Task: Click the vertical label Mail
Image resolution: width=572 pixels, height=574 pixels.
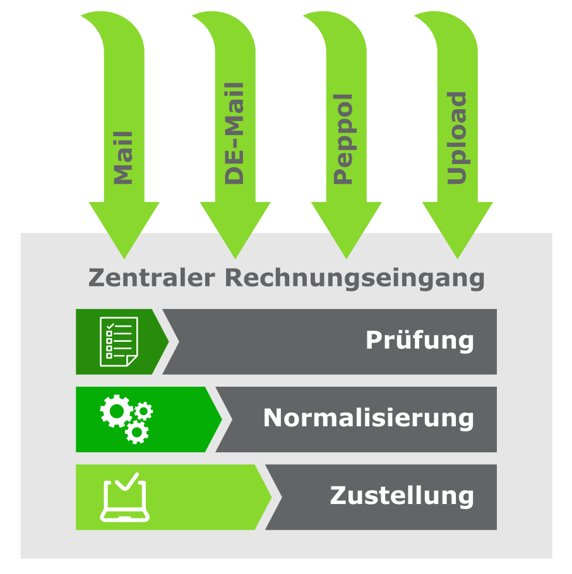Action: tap(123, 158)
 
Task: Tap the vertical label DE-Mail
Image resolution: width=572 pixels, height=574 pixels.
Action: tap(234, 134)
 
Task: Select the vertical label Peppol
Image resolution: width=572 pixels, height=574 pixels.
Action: tap(343, 139)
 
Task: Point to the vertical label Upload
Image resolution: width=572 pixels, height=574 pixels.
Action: tap(456, 138)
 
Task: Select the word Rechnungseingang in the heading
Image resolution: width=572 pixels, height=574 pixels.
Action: tap(355, 279)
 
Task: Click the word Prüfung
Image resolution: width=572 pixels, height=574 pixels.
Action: tap(420, 341)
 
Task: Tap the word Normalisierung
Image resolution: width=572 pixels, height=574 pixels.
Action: tap(369, 418)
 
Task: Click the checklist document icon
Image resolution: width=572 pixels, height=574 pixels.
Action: tap(119, 341)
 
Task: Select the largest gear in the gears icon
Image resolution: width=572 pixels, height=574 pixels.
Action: tap(117, 411)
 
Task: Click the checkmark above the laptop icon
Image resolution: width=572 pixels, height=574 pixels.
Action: tap(127, 481)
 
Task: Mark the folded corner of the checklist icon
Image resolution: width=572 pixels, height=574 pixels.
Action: tap(133, 361)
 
